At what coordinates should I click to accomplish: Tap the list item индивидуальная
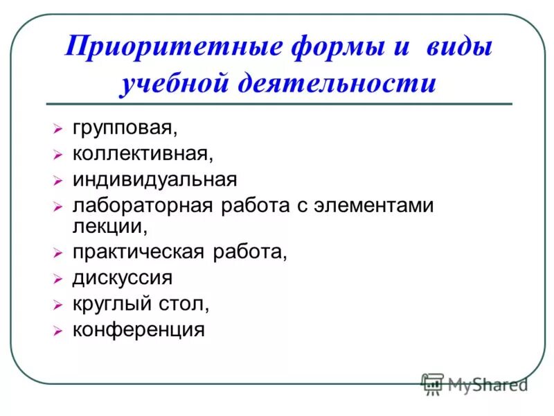click(154, 179)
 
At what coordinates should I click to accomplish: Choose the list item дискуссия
click(122, 278)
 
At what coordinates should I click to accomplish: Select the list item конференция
click(138, 329)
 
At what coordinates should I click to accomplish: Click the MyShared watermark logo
click(474, 383)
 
